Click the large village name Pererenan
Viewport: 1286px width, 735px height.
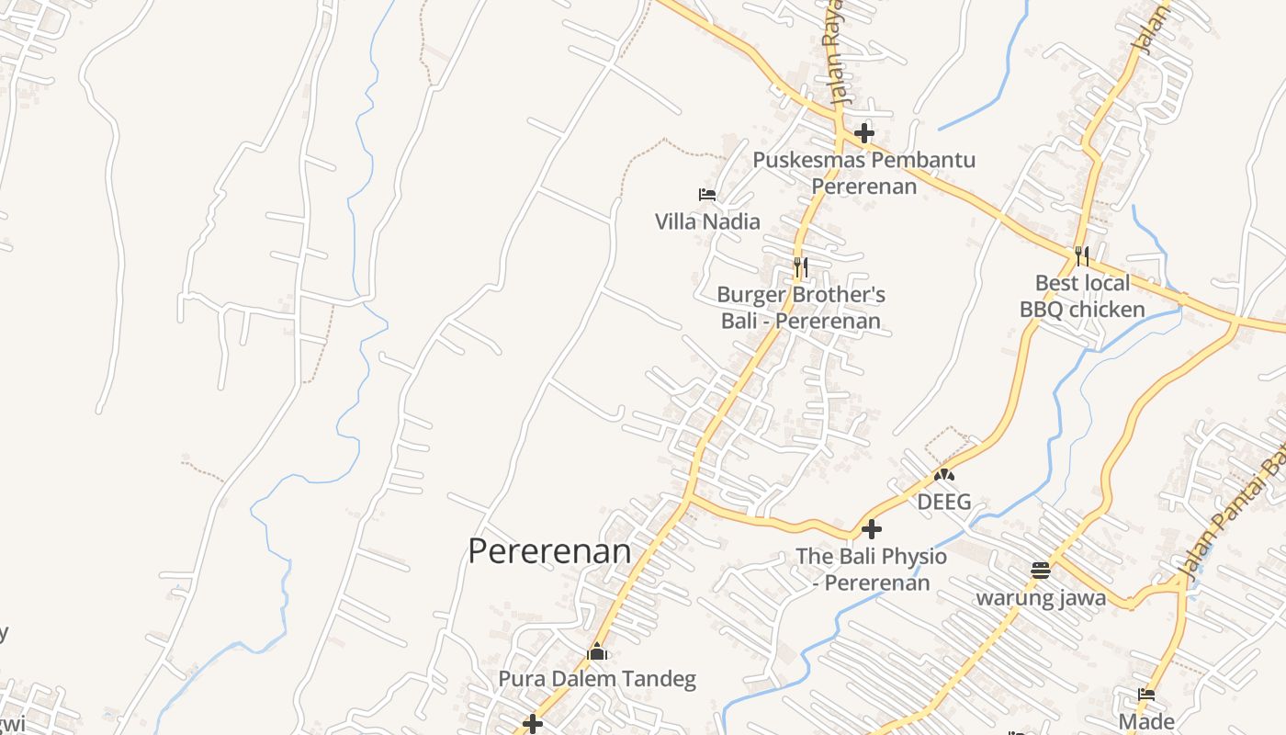click(x=549, y=551)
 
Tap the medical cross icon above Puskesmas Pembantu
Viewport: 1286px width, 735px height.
click(x=863, y=133)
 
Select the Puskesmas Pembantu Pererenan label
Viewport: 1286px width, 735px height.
click(x=863, y=173)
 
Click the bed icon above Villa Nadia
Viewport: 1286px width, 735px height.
click(x=707, y=195)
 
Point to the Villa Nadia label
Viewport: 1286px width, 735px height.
click(x=707, y=221)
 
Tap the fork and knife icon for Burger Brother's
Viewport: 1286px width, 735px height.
click(x=801, y=267)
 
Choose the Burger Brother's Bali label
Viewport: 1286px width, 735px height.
click(x=800, y=308)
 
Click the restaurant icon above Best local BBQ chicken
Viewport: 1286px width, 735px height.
click(x=1082, y=255)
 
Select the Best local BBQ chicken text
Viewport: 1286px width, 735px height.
click(x=1082, y=296)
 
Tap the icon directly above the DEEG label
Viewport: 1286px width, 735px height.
click(x=944, y=475)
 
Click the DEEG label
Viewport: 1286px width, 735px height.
click(x=944, y=502)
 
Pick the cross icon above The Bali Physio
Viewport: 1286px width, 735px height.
click(x=872, y=529)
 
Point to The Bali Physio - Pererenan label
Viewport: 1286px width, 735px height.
click(x=872, y=569)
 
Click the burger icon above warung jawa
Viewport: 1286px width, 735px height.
click(x=1040, y=571)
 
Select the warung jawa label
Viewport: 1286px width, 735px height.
click(x=1040, y=598)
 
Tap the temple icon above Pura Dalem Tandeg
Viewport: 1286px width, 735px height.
click(x=597, y=652)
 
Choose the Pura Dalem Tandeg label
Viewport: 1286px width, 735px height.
click(x=597, y=680)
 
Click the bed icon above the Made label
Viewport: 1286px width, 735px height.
click(x=1146, y=695)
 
